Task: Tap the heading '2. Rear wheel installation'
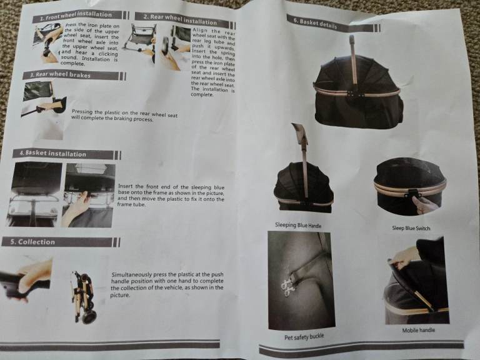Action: [x=180, y=19]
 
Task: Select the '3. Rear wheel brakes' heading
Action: [x=60, y=75]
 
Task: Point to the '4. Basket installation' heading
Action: [x=52, y=153]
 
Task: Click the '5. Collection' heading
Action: [x=32, y=242]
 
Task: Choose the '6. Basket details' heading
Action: [x=315, y=23]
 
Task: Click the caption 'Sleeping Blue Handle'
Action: [x=298, y=225]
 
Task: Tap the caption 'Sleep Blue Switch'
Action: [x=411, y=228]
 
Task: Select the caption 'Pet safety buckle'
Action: [x=304, y=337]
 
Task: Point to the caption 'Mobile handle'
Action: [x=419, y=330]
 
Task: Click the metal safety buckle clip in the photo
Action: [x=287, y=285]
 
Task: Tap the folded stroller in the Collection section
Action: [x=84, y=297]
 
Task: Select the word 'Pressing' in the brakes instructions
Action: [x=82, y=112]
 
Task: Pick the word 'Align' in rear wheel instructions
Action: [x=199, y=30]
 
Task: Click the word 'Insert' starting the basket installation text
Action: [x=126, y=186]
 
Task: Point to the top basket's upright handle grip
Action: [x=352, y=41]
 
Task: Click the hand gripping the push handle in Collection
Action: [x=34, y=276]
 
